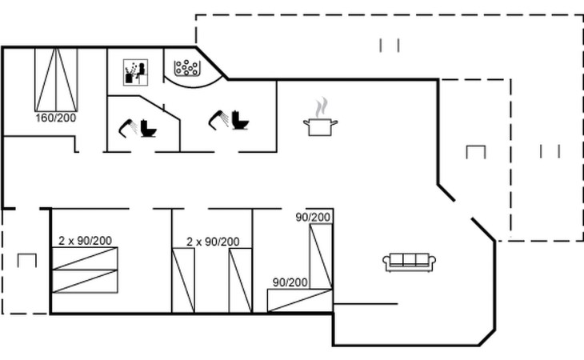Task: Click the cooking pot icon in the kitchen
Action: tap(320, 127)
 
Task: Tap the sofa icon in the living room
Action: tap(410, 262)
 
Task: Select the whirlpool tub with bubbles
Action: tap(186, 68)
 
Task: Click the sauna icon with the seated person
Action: tap(135, 72)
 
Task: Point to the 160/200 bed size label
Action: tap(56, 118)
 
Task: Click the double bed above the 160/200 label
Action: tap(56, 80)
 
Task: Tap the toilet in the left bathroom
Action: tap(148, 128)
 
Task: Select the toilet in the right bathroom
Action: tap(240, 120)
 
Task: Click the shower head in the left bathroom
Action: tap(128, 128)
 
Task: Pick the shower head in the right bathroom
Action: tap(218, 119)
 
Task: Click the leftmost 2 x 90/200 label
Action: tap(85, 241)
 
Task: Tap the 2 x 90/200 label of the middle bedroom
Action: tap(213, 242)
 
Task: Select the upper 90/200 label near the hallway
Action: tap(313, 217)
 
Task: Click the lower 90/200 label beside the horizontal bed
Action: tap(290, 282)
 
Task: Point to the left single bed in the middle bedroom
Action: tap(183, 280)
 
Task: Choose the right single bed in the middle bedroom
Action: tap(241, 280)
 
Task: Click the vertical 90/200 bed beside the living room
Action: tap(321, 256)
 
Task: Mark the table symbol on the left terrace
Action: tap(27, 260)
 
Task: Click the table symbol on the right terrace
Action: tap(476, 152)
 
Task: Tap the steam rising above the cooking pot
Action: tap(322, 107)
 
